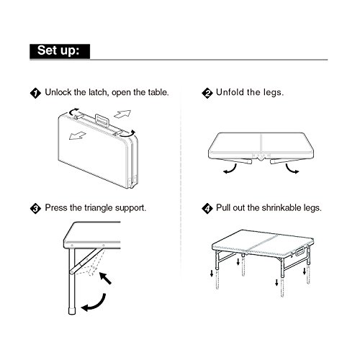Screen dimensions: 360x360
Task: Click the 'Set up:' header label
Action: pyautogui.click(x=59, y=51)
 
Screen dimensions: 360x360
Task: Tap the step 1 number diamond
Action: pyautogui.click(x=35, y=93)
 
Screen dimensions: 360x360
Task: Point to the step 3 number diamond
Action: pyautogui.click(x=35, y=207)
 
